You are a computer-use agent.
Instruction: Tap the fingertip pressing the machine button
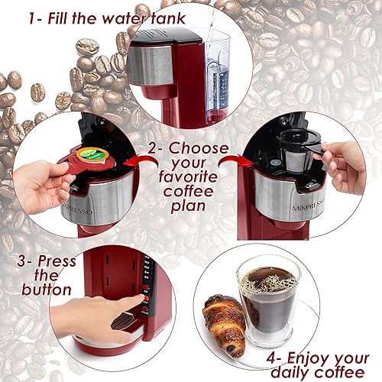coord(140,299)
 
